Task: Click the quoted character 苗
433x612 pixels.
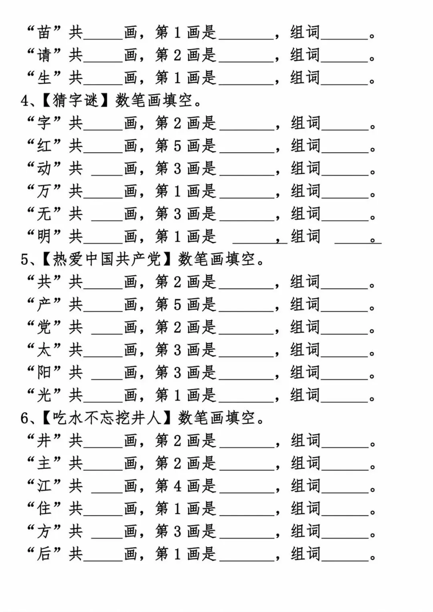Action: click(x=44, y=32)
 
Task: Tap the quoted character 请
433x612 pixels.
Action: click(x=44, y=55)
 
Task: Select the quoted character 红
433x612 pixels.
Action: click(x=44, y=146)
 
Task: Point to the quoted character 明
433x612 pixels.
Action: click(x=44, y=236)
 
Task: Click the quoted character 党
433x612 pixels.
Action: click(x=44, y=327)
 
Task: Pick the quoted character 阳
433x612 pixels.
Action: click(x=44, y=373)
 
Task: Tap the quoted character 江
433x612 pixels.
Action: click(x=44, y=486)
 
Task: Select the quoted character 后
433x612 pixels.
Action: click(x=44, y=554)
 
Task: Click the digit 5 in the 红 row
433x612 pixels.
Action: click(x=177, y=146)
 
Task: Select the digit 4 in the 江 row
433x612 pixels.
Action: click(x=177, y=486)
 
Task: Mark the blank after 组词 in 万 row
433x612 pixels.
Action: click(x=345, y=193)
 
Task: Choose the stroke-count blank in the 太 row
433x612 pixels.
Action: click(x=103, y=352)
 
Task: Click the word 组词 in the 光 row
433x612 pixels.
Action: click(x=305, y=396)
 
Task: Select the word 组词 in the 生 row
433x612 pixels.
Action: click(x=305, y=78)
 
